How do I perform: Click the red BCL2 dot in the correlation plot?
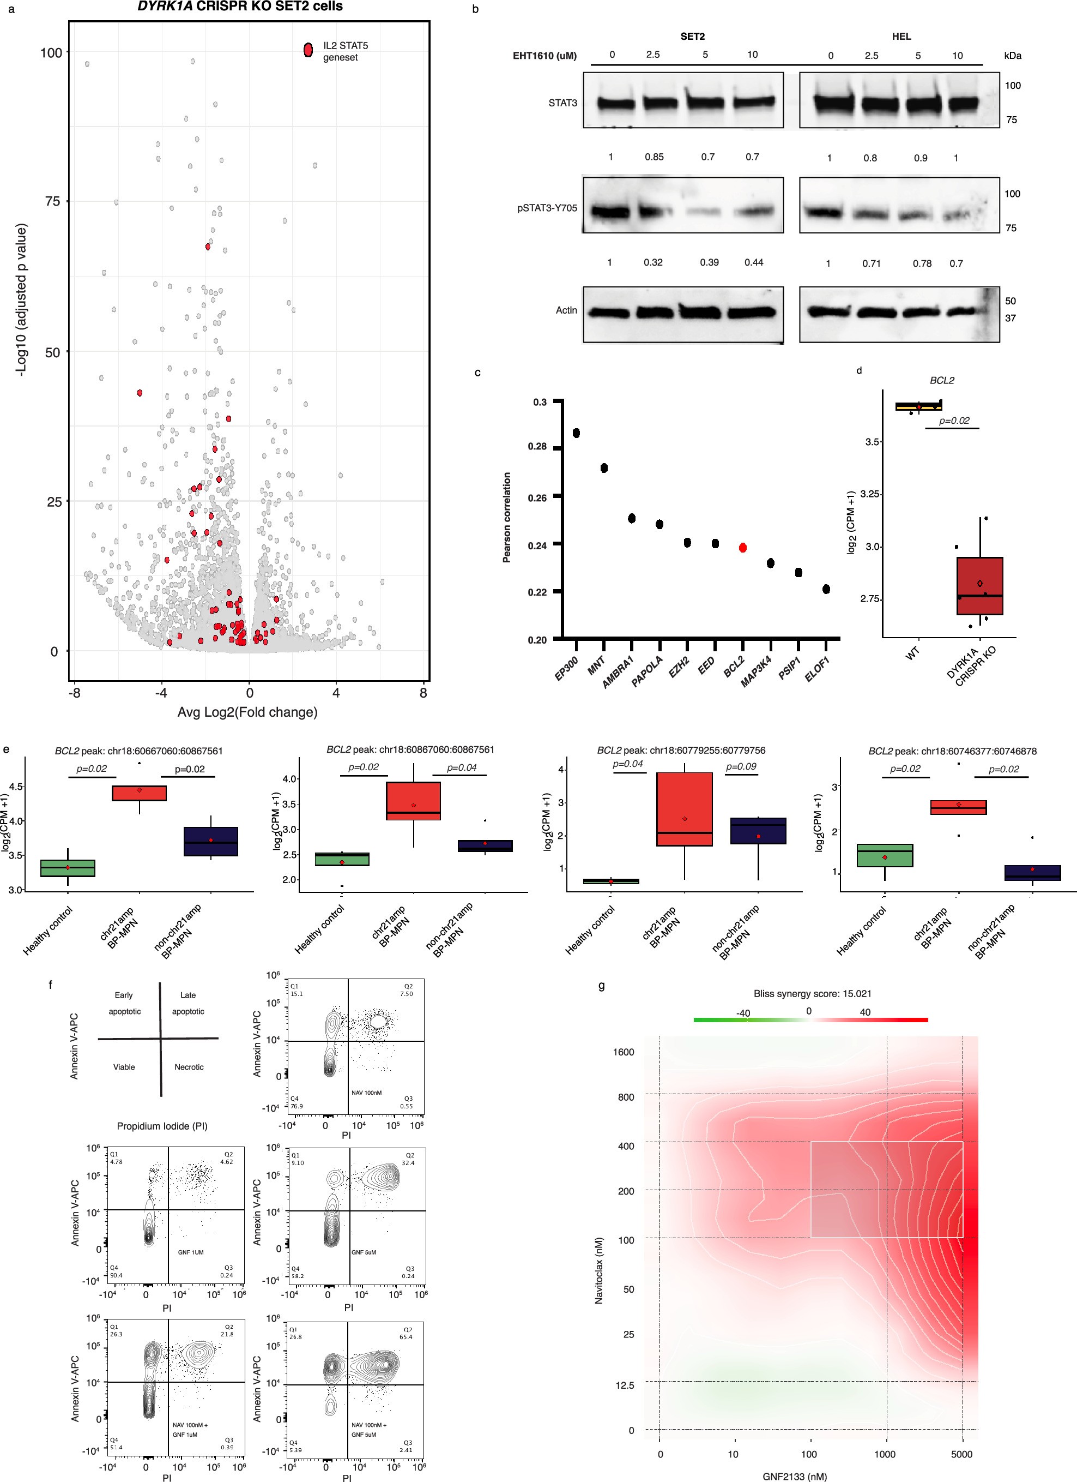(742, 548)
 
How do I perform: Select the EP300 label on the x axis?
(566, 669)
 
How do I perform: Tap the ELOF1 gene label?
(817, 670)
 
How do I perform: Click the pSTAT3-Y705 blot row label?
(547, 208)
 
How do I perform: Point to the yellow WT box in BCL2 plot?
(918, 406)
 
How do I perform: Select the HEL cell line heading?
(901, 37)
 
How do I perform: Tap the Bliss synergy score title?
(812, 993)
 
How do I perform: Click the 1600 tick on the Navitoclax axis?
(623, 1052)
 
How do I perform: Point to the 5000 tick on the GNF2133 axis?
(961, 1454)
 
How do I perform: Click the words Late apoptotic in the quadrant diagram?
(188, 1003)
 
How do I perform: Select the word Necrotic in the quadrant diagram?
(189, 1067)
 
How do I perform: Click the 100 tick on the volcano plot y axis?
(51, 52)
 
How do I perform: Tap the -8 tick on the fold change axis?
(75, 693)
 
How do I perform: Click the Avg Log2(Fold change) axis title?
(247, 712)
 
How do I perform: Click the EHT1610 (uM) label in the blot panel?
(544, 56)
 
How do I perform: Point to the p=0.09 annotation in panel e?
(741, 766)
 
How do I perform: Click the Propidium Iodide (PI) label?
(161, 1126)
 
